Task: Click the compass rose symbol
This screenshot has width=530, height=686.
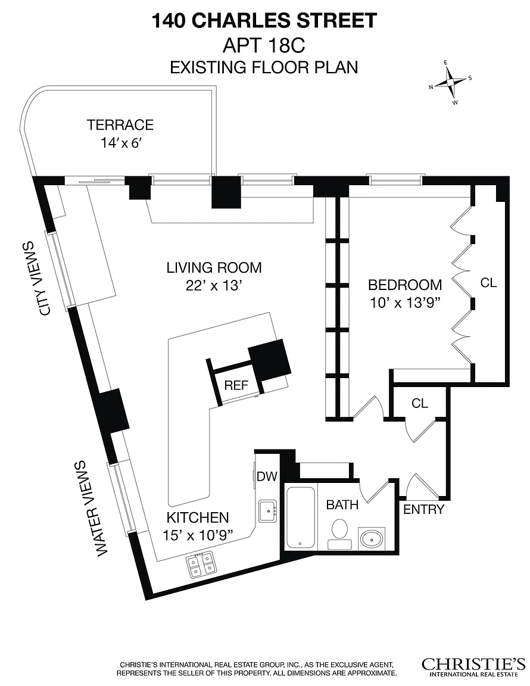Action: tap(451, 82)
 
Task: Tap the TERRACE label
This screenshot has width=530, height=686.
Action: tap(120, 124)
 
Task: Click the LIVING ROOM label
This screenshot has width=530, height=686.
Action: tap(214, 267)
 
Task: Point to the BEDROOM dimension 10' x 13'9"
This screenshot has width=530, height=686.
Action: tap(405, 303)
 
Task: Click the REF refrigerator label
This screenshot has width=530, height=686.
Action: tap(236, 385)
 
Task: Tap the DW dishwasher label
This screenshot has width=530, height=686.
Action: tap(267, 476)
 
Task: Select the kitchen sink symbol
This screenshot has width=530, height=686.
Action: tap(267, 511)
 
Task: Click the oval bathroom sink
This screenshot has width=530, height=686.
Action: tap(372, 538)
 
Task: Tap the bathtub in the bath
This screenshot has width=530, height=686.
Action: tap(301, 517)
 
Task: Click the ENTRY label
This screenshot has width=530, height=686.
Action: tap(423, 509)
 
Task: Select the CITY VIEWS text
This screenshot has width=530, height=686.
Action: tap(42, 278)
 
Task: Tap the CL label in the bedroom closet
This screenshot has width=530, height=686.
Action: tap(488, 283)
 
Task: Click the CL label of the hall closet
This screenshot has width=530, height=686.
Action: tap(419, 403)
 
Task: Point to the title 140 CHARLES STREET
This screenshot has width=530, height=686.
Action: tap(264, 21)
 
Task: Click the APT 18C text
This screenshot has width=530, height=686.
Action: tap(264, 45)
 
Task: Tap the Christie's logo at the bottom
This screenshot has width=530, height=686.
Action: tap(473, 667)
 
